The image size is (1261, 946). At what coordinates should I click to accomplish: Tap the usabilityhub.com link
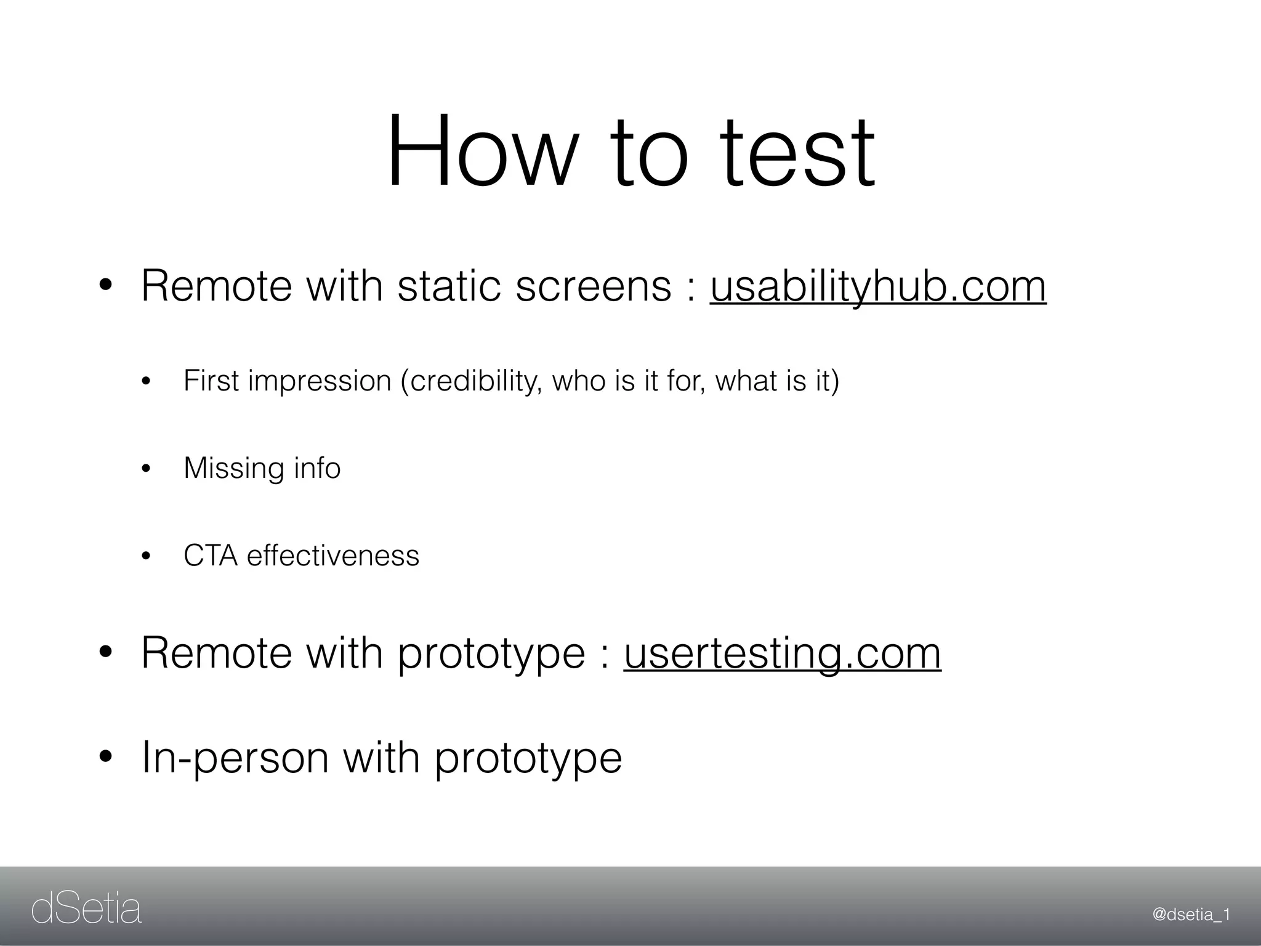point(878,286)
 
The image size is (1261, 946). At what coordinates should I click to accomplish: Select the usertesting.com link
point(782,653)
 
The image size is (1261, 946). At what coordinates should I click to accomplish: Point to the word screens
point(593,286)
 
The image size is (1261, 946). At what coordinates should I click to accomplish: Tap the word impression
point(320,381)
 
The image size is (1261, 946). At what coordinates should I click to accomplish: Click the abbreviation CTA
point(211,556)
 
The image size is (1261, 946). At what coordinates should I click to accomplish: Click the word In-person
point(235,758)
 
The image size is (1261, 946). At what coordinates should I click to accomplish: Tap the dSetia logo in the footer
point(86,910)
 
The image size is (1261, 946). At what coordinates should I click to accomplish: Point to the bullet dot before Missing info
point(146,469)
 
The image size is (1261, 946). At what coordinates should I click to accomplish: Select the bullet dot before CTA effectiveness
point(146,557)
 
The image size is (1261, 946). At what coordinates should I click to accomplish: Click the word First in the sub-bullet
point(211,381)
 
